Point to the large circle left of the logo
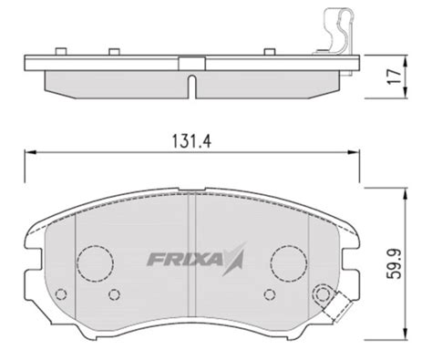click(93, 263)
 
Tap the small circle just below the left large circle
click(114, 293)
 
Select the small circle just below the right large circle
click(269, 293)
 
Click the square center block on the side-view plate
click(192, 62)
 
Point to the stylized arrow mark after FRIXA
click(236, 259)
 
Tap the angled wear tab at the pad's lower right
click(336, 308)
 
